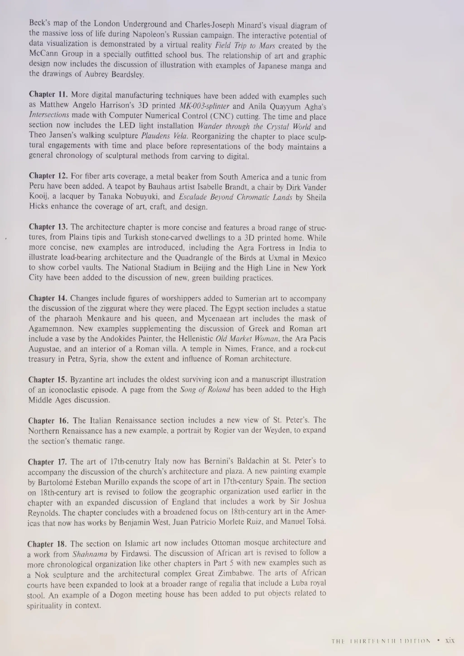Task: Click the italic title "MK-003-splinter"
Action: pos(204,106)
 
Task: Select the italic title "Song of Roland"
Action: pos(205,390)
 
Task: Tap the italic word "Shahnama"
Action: pos(90,554)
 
